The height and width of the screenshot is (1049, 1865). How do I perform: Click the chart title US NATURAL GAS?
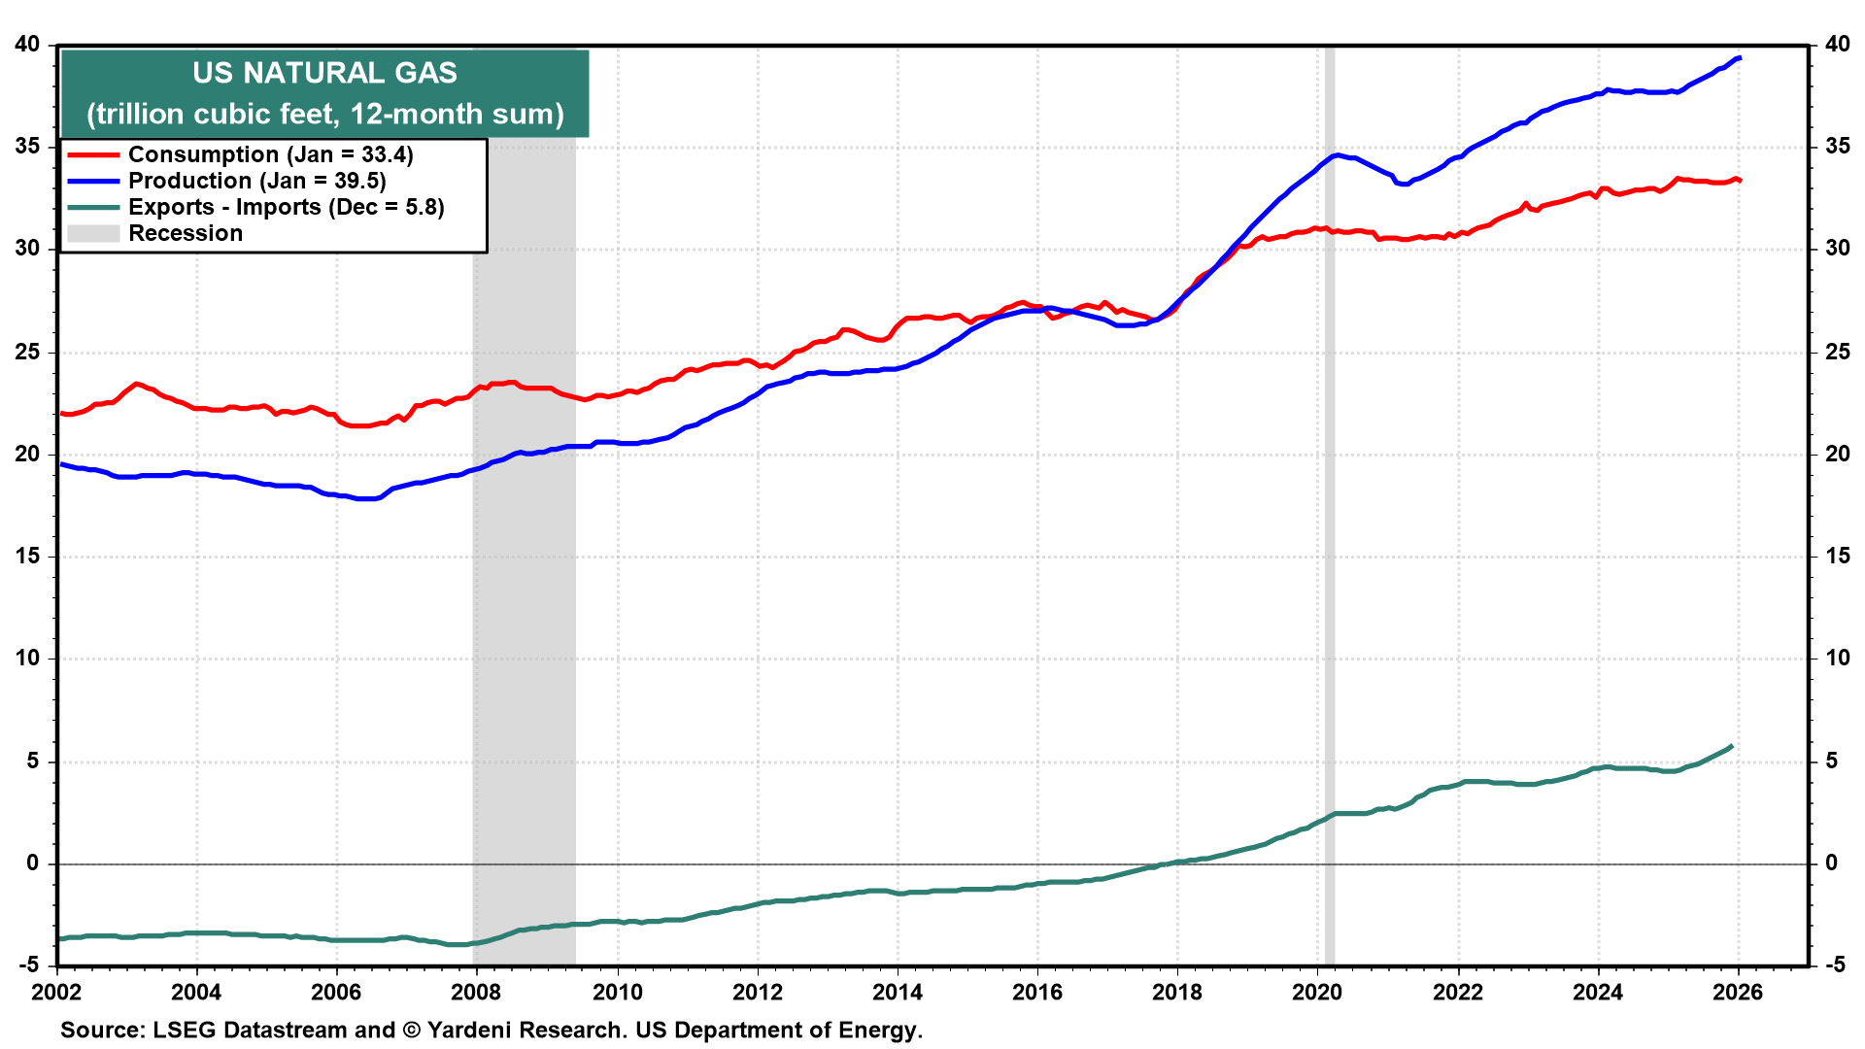pyautogui.click(x=324, y=73)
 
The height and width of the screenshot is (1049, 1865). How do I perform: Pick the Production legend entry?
pyautogui.click(x=256, y=182)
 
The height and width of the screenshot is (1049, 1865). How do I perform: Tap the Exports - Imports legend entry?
pyautogui.click(x=286, y=208)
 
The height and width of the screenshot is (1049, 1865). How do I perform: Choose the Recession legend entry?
pyautogui.click(x=185, y=234)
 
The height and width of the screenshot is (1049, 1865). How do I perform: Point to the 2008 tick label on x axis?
pyautogui.click(x=476, y=992)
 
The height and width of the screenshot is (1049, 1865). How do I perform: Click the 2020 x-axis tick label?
pyautogui.click(x=1317, y=992)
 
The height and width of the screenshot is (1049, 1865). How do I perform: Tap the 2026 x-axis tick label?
pyautogui.click(x=1738, y=992)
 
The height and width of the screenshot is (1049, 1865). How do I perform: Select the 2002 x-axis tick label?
pyautogui.click(x=57, y=992)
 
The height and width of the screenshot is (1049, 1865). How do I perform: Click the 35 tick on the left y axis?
pyautogui.click(x=27, y=147)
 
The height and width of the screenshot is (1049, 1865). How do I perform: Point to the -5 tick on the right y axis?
pyautogui.click(x=1835, y=964)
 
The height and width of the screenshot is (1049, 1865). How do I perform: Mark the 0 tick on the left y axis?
pyautogui.click(x=34, y=863)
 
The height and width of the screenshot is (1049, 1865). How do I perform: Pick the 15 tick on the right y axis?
pyautogui.click(x=1837, y=556)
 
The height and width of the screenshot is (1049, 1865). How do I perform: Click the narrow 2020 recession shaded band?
pyautogui.click(x=1330, y=486)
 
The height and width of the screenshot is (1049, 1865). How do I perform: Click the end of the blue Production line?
pyautogui.click(x=1740, y=58)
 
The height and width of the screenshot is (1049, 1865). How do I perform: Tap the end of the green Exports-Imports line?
pyautogui.click(x=1732, y=746)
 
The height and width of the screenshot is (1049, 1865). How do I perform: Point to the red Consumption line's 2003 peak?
pyautogui.click(x=136, y=384)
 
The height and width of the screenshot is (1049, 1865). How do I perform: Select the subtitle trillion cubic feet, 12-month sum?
pyautogui.click(x=324, y=115)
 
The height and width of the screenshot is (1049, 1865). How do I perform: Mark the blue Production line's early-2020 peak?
pyautogui.click(x=1338, y=154)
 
